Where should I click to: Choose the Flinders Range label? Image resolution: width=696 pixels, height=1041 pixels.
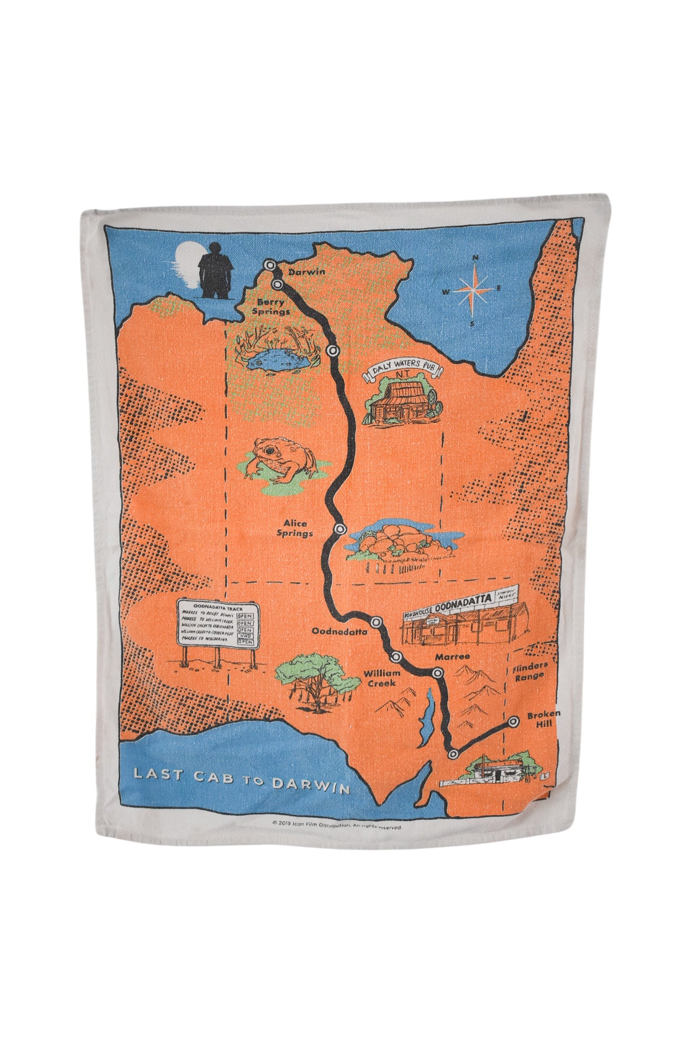click(529, 670)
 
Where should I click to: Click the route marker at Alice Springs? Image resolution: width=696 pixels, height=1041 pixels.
click(340, 529)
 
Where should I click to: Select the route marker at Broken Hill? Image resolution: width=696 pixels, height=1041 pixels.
click(513, 720)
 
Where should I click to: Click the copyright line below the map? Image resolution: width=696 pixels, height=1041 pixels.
click(337, 827)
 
